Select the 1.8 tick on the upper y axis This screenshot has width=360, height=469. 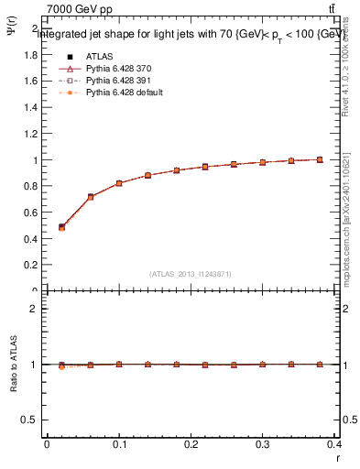32,54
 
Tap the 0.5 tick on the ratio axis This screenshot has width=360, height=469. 32,420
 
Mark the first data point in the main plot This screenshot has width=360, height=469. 61,227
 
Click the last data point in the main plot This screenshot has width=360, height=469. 320,159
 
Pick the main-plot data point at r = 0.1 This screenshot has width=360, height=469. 119,183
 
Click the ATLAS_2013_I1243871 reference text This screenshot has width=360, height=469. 191,274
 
